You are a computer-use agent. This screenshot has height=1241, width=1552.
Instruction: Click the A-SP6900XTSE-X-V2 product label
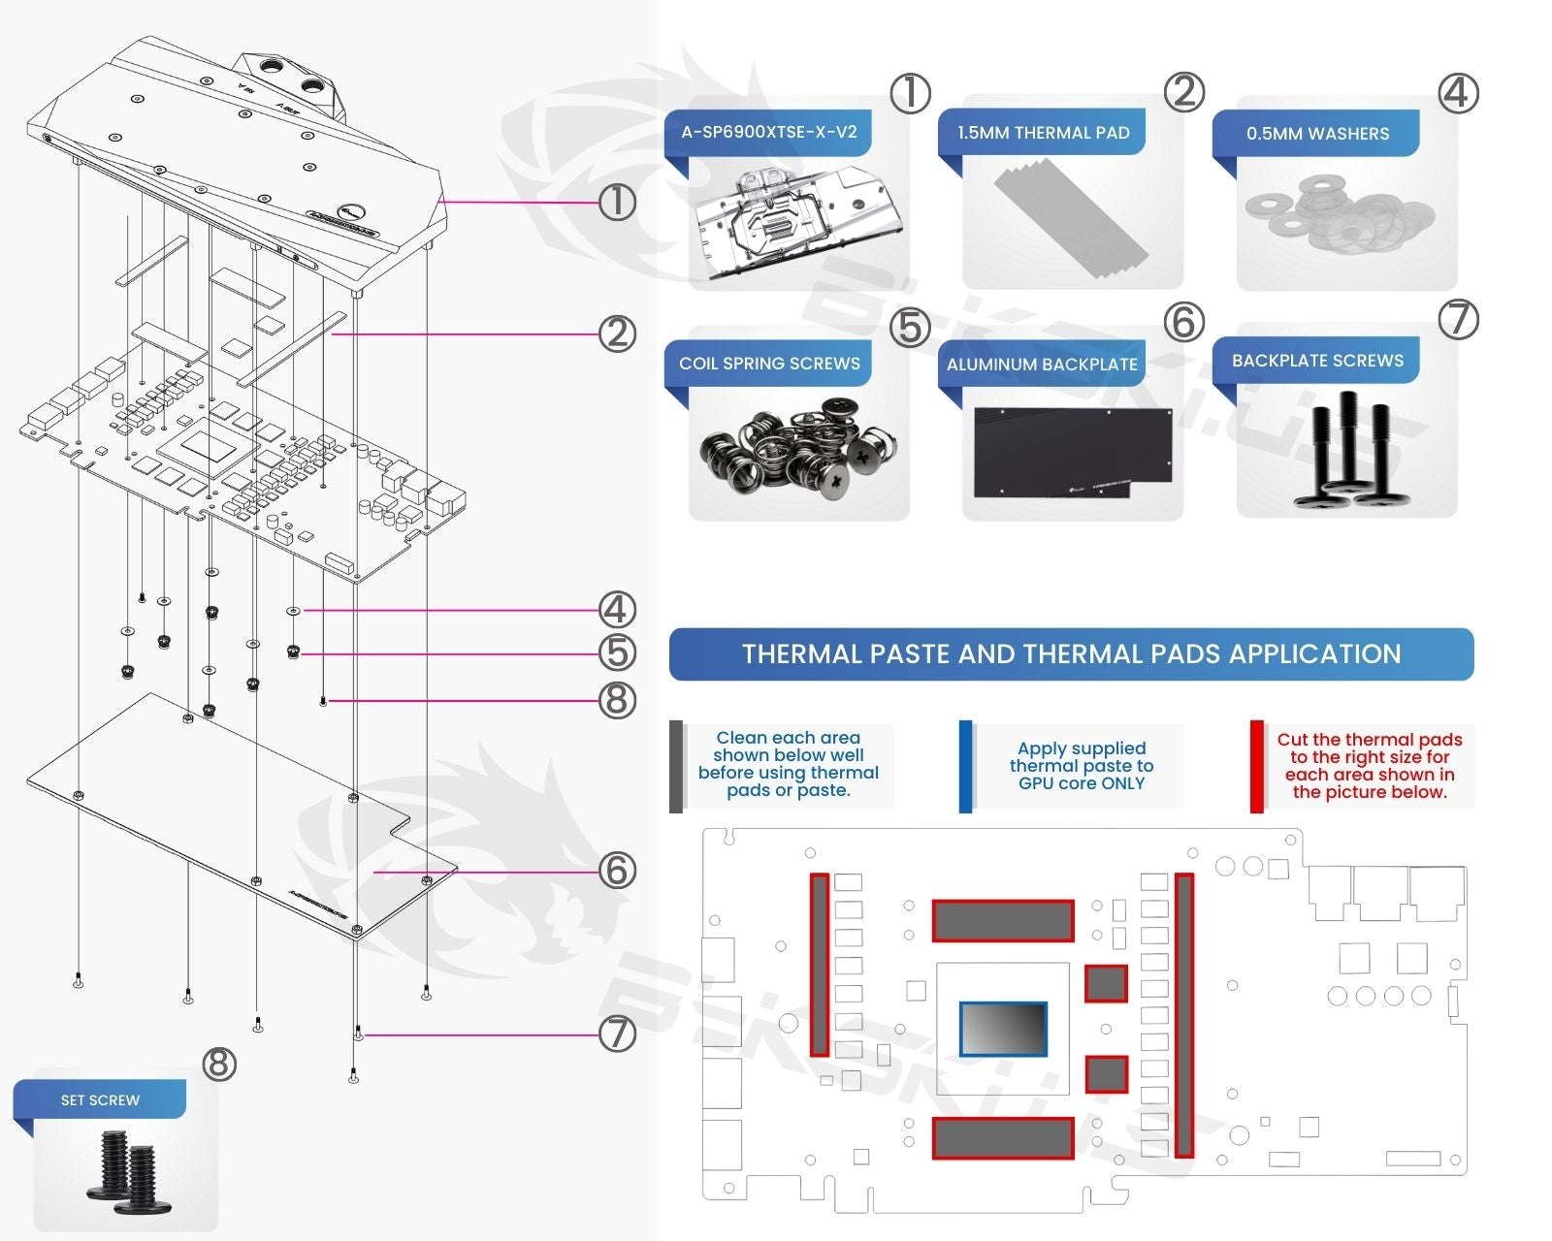768,132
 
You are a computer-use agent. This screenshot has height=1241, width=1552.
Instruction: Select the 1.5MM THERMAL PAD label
1043,133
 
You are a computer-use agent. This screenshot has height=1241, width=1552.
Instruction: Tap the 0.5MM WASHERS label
1317,134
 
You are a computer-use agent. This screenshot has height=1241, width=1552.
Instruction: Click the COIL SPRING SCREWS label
769,364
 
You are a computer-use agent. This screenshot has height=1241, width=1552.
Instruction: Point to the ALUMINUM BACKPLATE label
1042,365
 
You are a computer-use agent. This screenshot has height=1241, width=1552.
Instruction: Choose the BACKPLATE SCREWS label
1317,361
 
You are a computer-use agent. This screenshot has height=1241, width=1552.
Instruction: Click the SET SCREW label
100,1100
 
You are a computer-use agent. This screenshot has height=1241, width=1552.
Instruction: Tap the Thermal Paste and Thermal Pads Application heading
1071,654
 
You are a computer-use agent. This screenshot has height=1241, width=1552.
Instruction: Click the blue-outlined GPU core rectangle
1003,1029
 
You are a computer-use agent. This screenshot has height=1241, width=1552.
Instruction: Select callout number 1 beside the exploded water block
617,203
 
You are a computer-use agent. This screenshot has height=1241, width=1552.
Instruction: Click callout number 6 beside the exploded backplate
617,871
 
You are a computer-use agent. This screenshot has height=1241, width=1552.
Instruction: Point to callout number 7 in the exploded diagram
617,1034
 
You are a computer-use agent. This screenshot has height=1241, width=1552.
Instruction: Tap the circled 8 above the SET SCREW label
219,1064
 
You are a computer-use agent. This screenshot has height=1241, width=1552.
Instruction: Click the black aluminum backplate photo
1072,452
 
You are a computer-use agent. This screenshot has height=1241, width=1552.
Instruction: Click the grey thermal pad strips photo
1071,219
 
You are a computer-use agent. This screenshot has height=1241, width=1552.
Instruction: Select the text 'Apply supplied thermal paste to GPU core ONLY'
1082,766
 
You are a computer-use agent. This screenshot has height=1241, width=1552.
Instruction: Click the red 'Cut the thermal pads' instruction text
1369,766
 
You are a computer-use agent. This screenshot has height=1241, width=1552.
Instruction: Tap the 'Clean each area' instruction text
788,764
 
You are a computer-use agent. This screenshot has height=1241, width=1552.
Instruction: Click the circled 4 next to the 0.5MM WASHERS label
1458,94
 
